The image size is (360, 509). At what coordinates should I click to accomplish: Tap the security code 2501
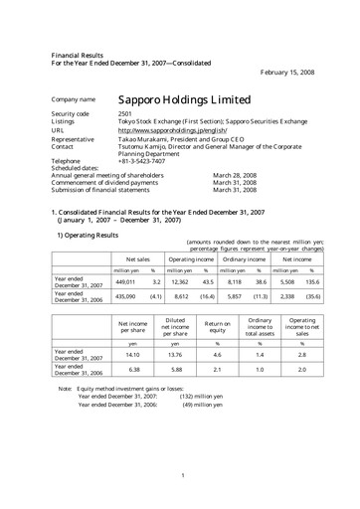(x=126, y=115)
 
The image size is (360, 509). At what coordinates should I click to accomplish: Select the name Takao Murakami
(x=146, y=137)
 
